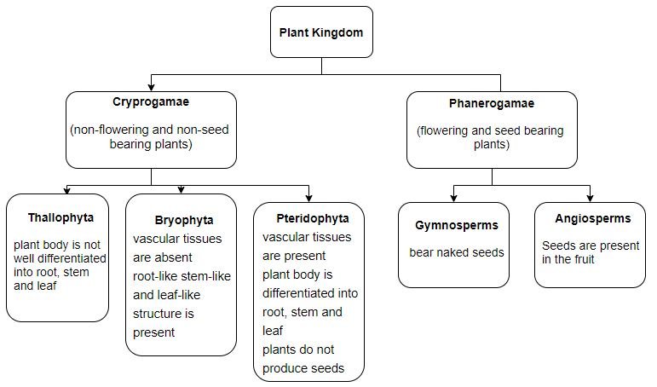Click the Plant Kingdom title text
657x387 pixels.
tap(321, 32)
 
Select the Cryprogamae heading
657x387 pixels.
tap(151, 102)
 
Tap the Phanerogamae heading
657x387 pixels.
tap(492, 103)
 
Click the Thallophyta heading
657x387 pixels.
tap(61, 218)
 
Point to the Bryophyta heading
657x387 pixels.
tap(184, 221)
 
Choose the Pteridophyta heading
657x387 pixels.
tap(313, 218)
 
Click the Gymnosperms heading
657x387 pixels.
tap(457, 226)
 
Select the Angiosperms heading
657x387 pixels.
tap(593, 218)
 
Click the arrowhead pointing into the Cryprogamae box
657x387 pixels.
tap(152, 87)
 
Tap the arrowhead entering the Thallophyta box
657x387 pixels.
tap(66, 191)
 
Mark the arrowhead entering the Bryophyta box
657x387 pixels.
tap(181, 190)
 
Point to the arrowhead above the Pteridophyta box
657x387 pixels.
tap(308, 199)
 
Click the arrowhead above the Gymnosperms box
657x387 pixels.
tap(453, 199)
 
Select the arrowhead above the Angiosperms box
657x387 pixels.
tap(590, 199)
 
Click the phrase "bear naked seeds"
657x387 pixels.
tap(457, 252)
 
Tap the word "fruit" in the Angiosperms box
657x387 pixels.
tap(584, 259)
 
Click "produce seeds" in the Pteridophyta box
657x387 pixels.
tap(303, 368)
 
